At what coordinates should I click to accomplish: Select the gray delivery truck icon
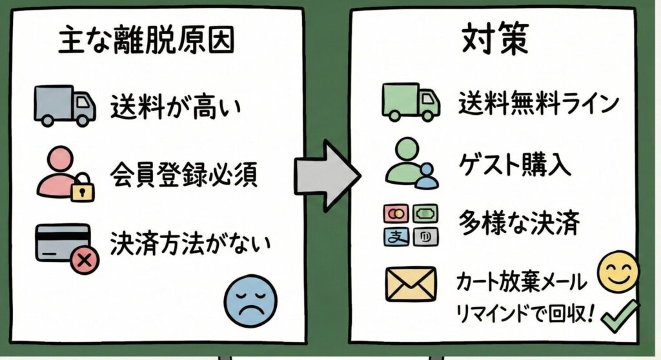[x=64, y=106]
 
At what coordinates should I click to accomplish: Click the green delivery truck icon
[x=411, y=102]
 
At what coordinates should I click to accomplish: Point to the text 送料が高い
[x=175, y=106]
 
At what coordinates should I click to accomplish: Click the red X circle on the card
[x=83, y=261]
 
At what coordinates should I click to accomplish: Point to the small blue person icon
[x=427, y=176]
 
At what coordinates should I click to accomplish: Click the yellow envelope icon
[x=411, y=284]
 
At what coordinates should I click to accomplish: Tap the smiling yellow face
[x=618, y=271]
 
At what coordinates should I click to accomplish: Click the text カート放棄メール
[x=522, y=282]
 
